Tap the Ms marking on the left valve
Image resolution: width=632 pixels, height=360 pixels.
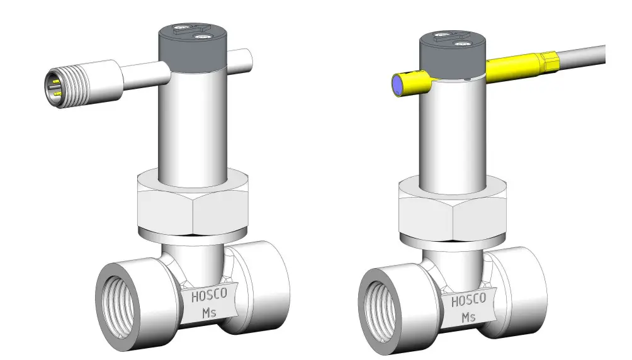[208, 313]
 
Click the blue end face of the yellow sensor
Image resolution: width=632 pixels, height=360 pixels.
[398, 85]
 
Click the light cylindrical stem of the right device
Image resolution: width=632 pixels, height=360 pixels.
[454, 132]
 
